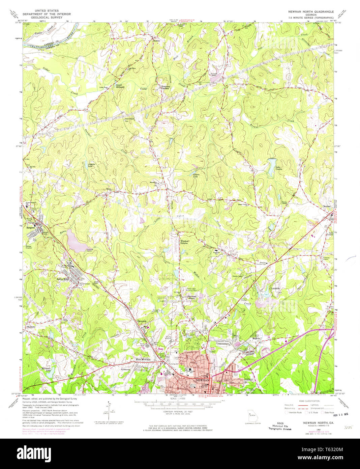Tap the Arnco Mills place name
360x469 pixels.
(62, 279)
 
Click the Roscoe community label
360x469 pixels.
(156, 41)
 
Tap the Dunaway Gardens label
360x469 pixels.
(164, 87)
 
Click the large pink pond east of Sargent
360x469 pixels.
(78, 241)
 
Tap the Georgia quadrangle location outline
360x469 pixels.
(252, 414)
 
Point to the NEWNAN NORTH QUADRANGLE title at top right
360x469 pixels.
(311, 12)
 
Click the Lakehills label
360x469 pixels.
(276, 288)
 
